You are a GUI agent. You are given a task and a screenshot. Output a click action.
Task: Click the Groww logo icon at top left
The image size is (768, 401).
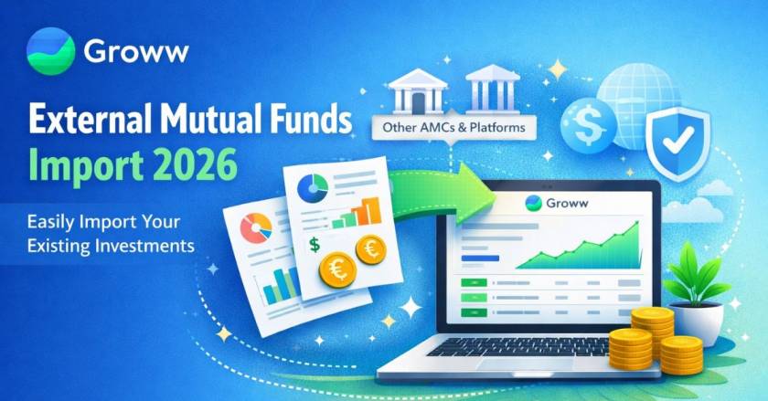(x=49, y=50)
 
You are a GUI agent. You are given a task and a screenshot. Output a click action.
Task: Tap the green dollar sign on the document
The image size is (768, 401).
(x=315, y=244)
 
